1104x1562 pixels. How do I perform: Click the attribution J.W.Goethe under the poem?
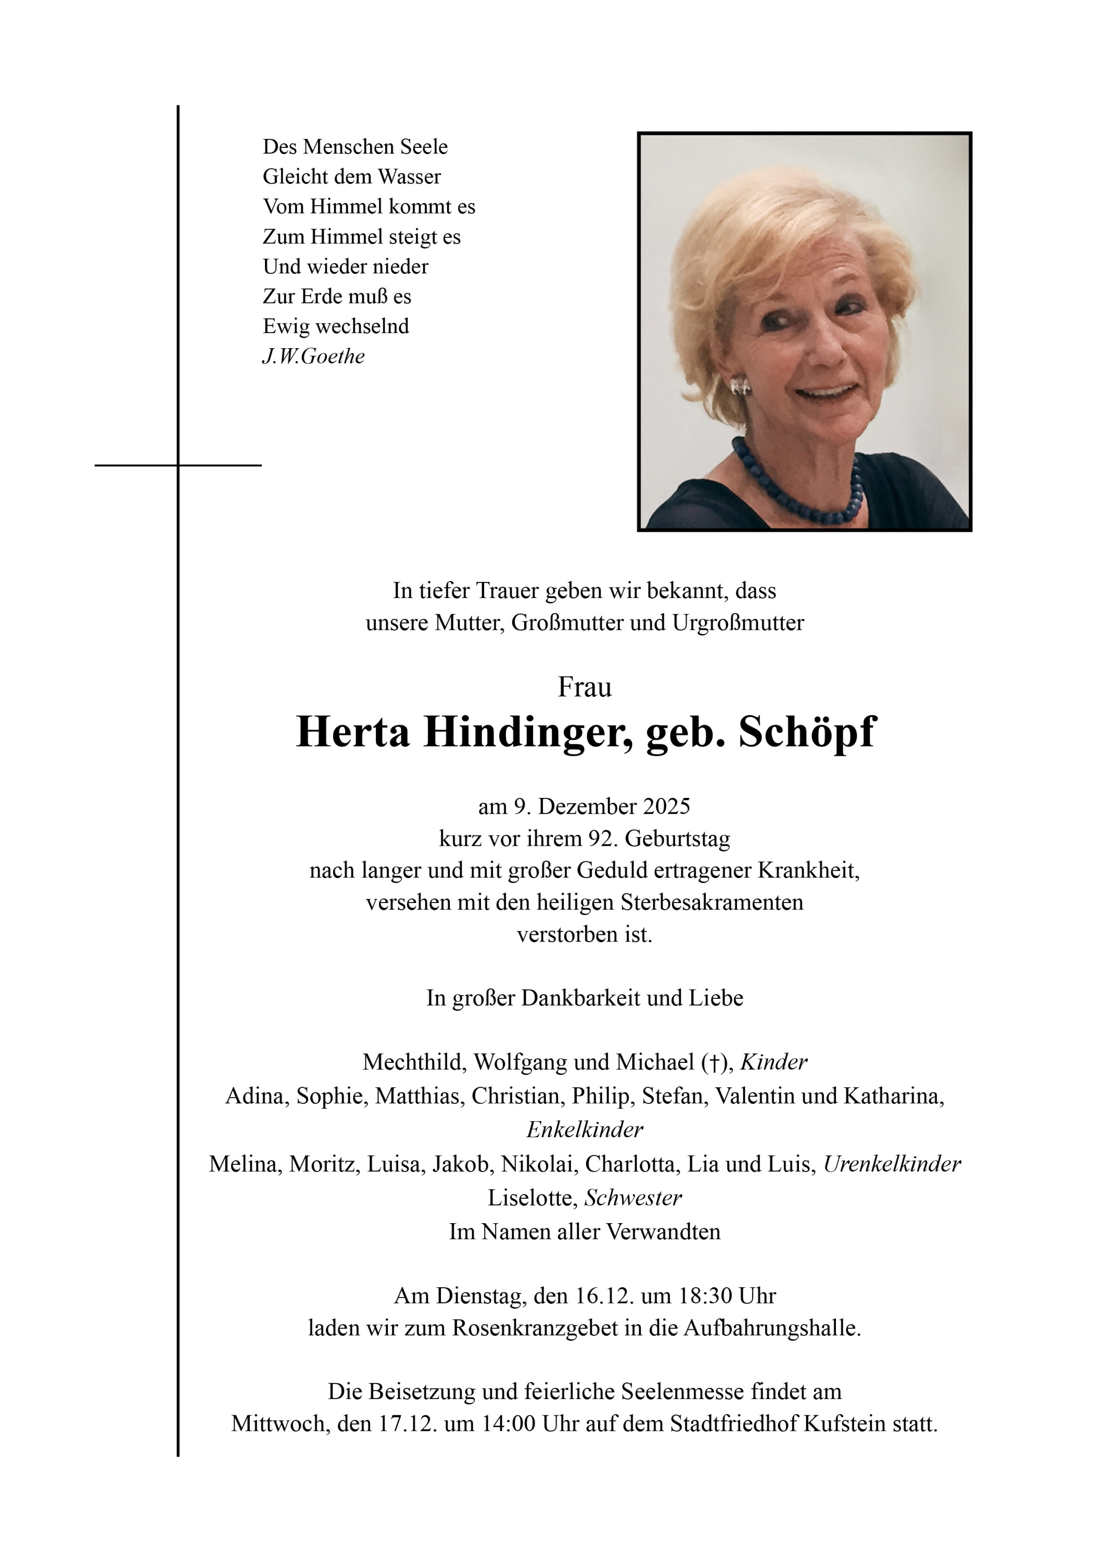point(313,357)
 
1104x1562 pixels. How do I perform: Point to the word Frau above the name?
point(585,687)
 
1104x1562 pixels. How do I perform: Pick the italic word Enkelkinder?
point(585,1130)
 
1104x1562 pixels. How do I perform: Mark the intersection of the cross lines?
point(178,465)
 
